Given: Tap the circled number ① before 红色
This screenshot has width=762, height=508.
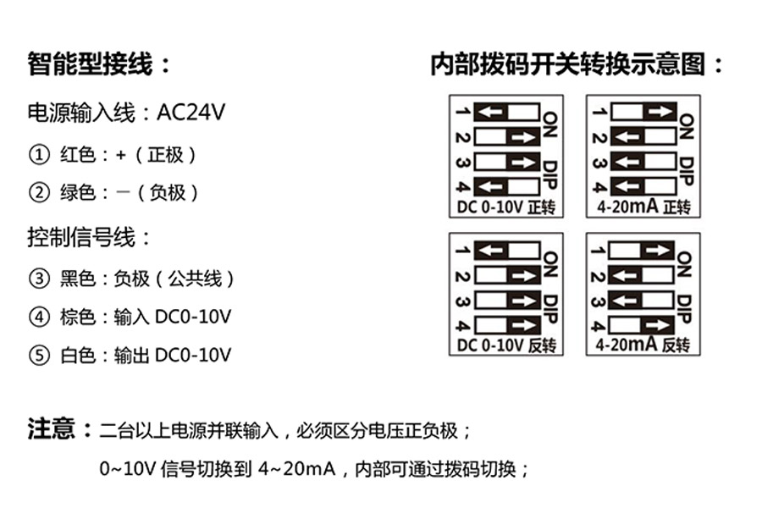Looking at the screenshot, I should click(x=38, y=155).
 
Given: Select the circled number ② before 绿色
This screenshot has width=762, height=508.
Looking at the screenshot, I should click(x=38, y=193).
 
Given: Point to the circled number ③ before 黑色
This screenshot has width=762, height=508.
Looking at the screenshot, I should click(x=38, y=279).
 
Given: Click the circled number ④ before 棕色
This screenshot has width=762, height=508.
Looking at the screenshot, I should click(x=38, y=317).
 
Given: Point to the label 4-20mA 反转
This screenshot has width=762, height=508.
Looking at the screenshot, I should click(x=643, y=345).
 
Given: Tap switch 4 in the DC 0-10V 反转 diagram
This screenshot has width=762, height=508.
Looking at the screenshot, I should click(x=506, y=325).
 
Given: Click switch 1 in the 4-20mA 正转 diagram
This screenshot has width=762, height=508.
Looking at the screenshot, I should click(x=643, y=112).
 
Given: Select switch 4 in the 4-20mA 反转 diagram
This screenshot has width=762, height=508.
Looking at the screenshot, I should click(x=643, y=325).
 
